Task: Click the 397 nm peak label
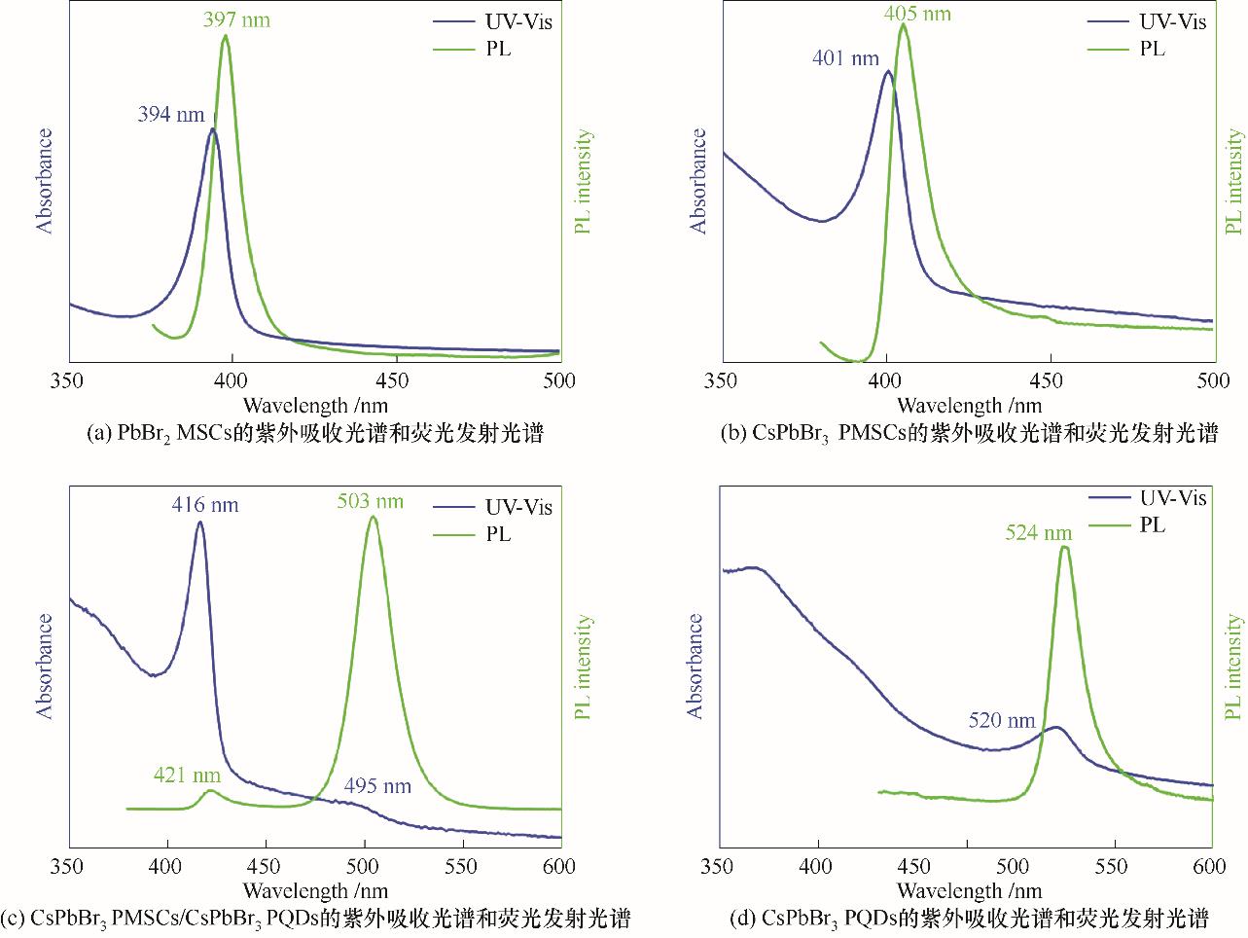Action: [236, 18]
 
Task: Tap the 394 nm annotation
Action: [171, 115]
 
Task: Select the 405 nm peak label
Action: [917, 14]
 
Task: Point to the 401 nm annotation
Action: [845, 58]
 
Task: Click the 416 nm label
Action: [205, 505]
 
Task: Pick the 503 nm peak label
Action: [371, 502]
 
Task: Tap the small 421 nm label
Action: [187, 776]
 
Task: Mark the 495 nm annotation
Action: [377, 786]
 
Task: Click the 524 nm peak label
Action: [1039, 533]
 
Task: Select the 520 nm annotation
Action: [1002, 721]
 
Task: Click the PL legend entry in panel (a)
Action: [497, 49]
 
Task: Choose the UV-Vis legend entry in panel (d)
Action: [1172, 498]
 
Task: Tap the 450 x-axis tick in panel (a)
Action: [395, 381]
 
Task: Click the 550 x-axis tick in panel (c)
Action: [462, 867]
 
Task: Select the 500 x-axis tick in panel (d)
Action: [1013, 867]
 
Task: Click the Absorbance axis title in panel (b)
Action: [698, 181]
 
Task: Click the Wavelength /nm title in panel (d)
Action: [969, 890]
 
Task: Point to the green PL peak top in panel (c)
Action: [373, 518]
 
